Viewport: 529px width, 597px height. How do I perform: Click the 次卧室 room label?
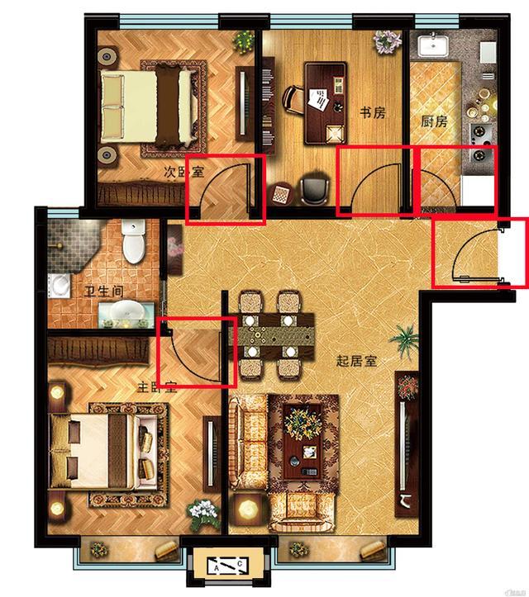[x=183, y=173]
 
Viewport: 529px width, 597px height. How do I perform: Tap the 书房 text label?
[x=372, y=112]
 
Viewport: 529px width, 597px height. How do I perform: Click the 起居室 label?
[x=356, y=360]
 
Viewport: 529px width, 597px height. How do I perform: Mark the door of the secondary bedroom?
[x=225, y=190]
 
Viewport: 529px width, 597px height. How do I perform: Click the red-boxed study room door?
[x=376, y=182]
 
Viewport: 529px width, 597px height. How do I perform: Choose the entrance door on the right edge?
[x=479, y=252]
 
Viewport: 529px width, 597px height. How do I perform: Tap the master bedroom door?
[x=197, y=351]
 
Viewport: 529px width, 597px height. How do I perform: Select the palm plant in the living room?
[x=404, y=339]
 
